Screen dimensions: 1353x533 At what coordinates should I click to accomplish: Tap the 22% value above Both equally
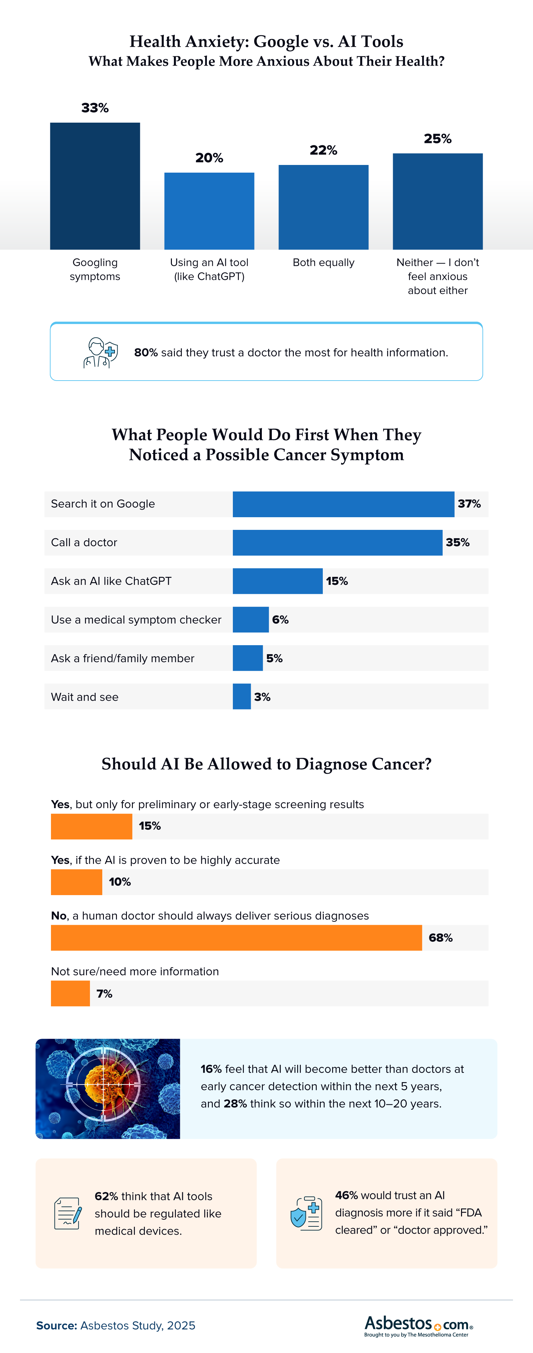coord(323,150)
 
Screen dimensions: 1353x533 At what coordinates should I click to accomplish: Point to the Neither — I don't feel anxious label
coord(437,276)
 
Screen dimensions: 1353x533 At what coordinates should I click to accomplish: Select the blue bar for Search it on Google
coord(343,504)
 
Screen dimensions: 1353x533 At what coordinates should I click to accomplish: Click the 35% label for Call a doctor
coord(457,543)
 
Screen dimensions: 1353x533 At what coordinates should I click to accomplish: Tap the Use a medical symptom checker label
coord(136,620)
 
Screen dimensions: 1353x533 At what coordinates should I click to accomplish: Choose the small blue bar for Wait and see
coord(242,696)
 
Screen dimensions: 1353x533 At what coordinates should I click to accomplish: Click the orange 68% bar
coord(236,937)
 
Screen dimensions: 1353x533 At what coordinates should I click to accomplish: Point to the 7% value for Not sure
coord(105,994)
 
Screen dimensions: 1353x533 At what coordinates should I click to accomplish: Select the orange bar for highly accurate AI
coord(77,882)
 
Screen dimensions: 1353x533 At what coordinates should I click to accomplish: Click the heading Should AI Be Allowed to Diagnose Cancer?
coord(266,764)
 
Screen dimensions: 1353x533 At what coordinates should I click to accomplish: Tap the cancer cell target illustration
coord(108,1089)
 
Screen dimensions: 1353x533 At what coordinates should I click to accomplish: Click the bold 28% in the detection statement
coord(235,1103)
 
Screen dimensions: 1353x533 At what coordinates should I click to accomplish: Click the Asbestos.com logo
coord(418,1325)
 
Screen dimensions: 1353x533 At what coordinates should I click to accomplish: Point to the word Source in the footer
coord(57,1326)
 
